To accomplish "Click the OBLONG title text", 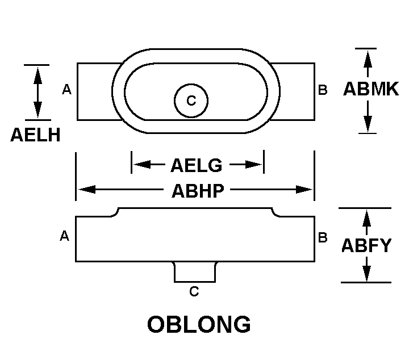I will [199, 325].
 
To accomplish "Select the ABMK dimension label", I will [371, 89].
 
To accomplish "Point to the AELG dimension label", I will [196, 165].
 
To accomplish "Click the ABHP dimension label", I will [197, 190].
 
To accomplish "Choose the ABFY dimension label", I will [366, 245].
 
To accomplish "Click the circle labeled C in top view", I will [191, 101].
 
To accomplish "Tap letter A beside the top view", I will [66, 90].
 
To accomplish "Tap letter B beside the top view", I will [323, 90].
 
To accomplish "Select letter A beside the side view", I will [64, 236].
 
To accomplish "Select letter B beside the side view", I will [323, 237].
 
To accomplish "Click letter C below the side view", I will [194, 292].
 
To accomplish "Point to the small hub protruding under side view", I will [194, 272].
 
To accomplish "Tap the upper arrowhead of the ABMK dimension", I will [368, 57].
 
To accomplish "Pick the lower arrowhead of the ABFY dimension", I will [367, 274].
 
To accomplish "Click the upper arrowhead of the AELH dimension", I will [38, 73].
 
